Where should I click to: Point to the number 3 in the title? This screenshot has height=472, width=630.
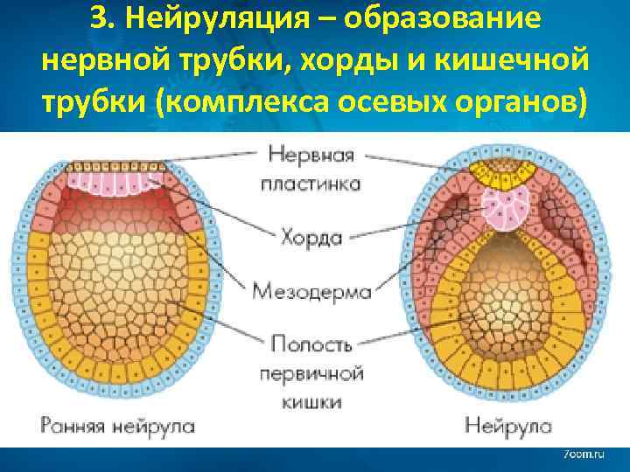(x=97, y=20)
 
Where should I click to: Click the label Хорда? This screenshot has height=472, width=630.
(x=311, y=236)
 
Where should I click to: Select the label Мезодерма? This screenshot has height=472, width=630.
(x=311, y=291)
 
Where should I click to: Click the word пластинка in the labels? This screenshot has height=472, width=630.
(x=311, y=184)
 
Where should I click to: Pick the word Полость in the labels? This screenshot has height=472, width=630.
(x=311, y=343)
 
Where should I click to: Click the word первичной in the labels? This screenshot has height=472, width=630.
(x=311, y=372)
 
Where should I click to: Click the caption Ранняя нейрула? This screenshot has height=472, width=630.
(x=117, y=427)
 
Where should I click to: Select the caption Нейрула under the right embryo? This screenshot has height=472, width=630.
(x=508, y=427)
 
